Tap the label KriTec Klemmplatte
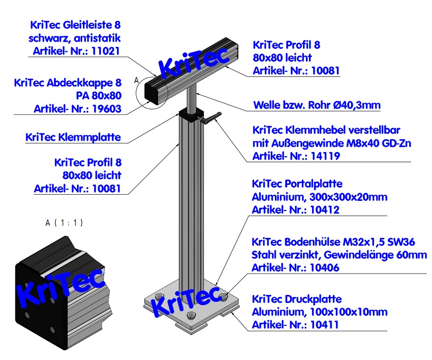tap(73, 137)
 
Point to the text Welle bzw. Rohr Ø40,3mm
tap(317, 105)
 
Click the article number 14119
tap(326, 157)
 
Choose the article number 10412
tap(325, 209)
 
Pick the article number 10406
tap(325, 267)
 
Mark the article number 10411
tap(325, 324)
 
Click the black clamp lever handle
tap(213, 118)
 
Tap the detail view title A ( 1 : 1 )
tap(64, 223)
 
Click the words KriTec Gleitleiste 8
tap(76, 24)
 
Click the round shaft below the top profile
tap(192, 99)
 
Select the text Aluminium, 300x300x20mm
tap(320, 196)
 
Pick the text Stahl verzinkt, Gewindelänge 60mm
tap(340, 254)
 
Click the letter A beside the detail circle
tap(136, 79)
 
